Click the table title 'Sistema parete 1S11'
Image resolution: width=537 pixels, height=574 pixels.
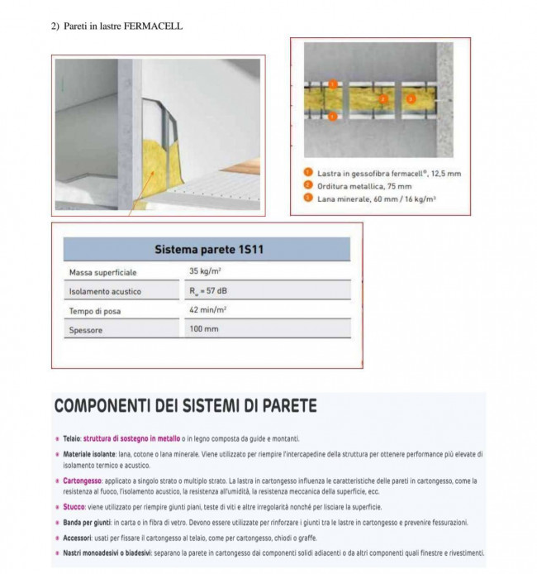(207, 250)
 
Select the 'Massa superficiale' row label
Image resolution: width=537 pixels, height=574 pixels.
(102, 271)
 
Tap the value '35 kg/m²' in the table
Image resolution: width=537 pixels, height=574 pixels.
(206, 271)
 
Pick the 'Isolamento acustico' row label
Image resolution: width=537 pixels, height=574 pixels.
(105, 291)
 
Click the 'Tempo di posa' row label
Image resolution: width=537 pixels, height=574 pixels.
(95, 311)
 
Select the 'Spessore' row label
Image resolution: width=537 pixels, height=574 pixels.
(86, 331)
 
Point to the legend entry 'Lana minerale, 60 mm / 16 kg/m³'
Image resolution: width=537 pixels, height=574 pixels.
(376, 199)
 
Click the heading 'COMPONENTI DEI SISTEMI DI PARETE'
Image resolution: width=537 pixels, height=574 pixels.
(185, 407)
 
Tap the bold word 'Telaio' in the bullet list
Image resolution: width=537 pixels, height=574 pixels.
(72, 438)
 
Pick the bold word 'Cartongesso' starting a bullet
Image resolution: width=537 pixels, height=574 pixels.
(81, 481)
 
